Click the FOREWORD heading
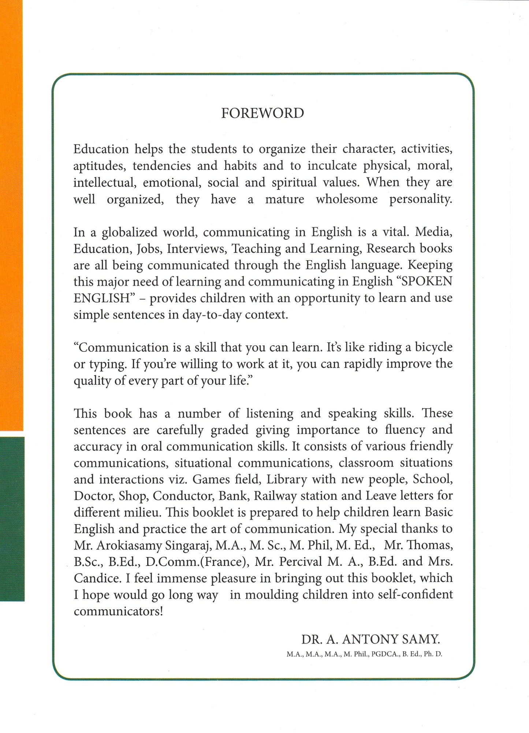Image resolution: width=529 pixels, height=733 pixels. coord(262,113)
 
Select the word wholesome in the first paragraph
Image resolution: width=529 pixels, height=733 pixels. coord(347,199)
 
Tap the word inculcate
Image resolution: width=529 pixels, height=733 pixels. coord(332,166)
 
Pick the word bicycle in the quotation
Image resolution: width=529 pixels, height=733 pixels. coord(433,347)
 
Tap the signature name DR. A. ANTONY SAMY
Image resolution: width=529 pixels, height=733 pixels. coord(370,640)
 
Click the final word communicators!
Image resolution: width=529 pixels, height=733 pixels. coord(118,611)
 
